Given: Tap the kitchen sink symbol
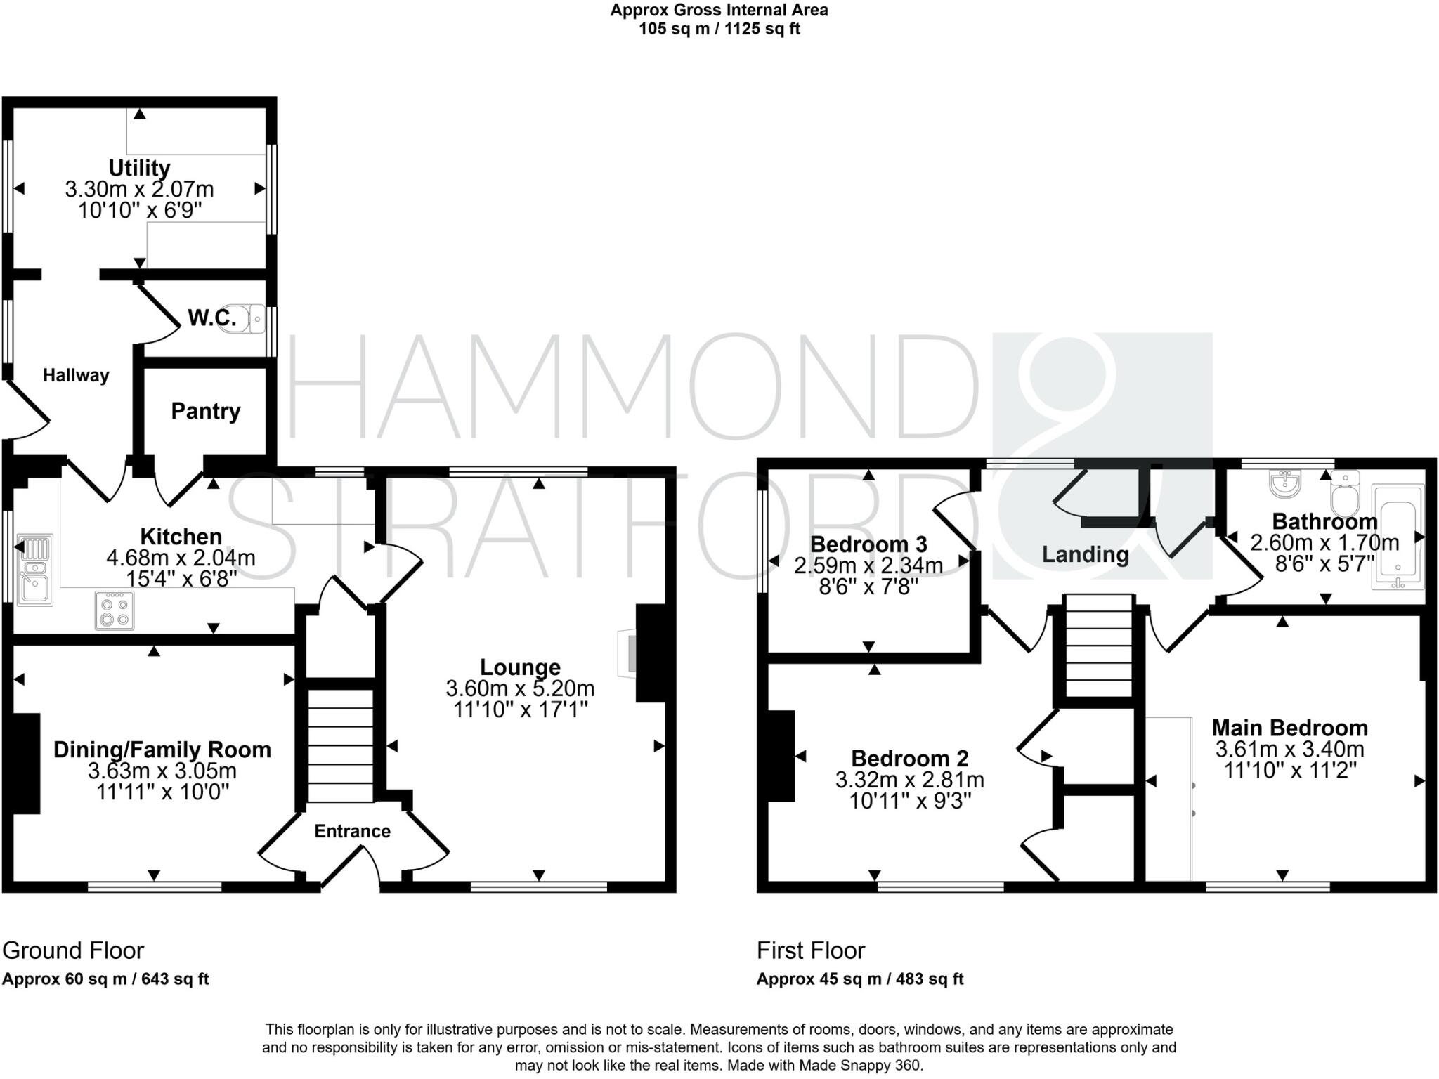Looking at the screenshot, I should point(34,570).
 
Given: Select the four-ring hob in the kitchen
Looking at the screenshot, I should point(115,610).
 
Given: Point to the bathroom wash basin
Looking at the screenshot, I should point(1285,483).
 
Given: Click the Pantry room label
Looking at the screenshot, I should point(205,411).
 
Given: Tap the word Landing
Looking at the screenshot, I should point(1085,554).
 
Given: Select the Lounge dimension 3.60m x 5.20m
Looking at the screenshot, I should point(520,688).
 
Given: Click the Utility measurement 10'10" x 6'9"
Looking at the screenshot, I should point(139,210).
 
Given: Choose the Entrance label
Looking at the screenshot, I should point(352,831).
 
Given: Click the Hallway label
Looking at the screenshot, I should point(76,375).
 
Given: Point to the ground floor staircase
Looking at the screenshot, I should point(341,745).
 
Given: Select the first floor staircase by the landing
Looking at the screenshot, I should point(1099,646).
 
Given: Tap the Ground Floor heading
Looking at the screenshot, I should point(73,950).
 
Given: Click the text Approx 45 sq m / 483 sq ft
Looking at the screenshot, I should point(859,979).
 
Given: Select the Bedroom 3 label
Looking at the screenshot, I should point(868,544).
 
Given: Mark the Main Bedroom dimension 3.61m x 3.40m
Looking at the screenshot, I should point(1289,749).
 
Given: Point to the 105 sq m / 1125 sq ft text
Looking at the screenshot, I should point(719,29).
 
